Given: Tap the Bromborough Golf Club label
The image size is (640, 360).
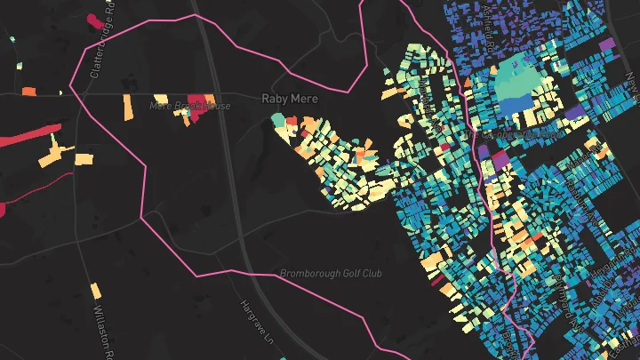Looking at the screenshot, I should click(x=331, y=274).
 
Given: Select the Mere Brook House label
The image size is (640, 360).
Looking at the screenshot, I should click(x=190, y=107).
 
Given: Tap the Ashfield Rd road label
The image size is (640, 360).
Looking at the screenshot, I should click(x=487, y=27).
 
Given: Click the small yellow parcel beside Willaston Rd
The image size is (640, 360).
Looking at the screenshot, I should click(x=95, y=291).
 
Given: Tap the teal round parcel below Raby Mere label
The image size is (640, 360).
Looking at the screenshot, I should click(x=279, y=119).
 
